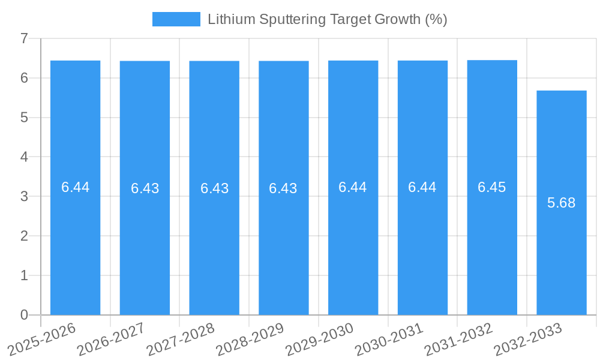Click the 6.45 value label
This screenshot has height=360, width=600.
click(x=492, y=187)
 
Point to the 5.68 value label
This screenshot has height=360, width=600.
click(x=562, y=203)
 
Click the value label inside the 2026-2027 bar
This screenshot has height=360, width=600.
click(x=145, y=188)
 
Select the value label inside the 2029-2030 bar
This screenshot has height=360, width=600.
click(x=353, y=187)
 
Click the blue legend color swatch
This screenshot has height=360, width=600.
click(x=176, y=19)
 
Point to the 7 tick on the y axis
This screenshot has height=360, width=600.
click(x=24, y=38)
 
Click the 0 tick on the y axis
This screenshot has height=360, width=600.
click(x=24, y=315)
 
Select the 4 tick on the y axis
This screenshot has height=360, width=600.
click(x=24, y=157)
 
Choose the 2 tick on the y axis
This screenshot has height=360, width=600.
click(x=24, y=236)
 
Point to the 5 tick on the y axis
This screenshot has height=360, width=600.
click(x=24, y=118)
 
